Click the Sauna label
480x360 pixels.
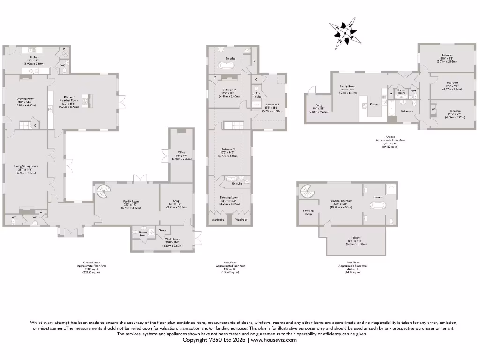(163, 230)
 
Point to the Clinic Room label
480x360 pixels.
(176, 239)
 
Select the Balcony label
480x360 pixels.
(356, 237)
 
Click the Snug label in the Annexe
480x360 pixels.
(315, 105)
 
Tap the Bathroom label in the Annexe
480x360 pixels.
(407, 111)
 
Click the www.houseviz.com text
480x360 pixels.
(273, 340)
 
